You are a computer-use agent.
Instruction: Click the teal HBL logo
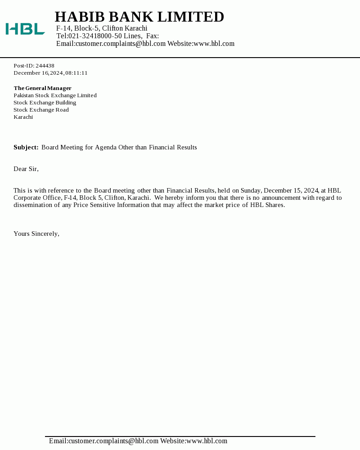tap(25, 29)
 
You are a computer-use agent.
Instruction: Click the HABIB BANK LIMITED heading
tap(139, 17)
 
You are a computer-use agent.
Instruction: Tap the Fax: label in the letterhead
tap(153, 36)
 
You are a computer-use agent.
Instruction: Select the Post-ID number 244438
tap(45, 66)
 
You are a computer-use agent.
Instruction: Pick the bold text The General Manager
tap(42, 88)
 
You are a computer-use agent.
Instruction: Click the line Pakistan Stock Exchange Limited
tap(55, 95)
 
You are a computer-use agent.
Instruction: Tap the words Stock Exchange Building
tap(45, 103)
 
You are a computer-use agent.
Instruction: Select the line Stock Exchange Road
tap(41, 110)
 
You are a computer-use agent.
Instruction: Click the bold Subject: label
tap(26, 147)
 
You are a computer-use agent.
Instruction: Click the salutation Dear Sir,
tap(26, 169)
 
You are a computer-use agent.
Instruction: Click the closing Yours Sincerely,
tap(36, 234)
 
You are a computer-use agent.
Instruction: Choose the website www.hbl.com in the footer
tap(207, 441)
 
